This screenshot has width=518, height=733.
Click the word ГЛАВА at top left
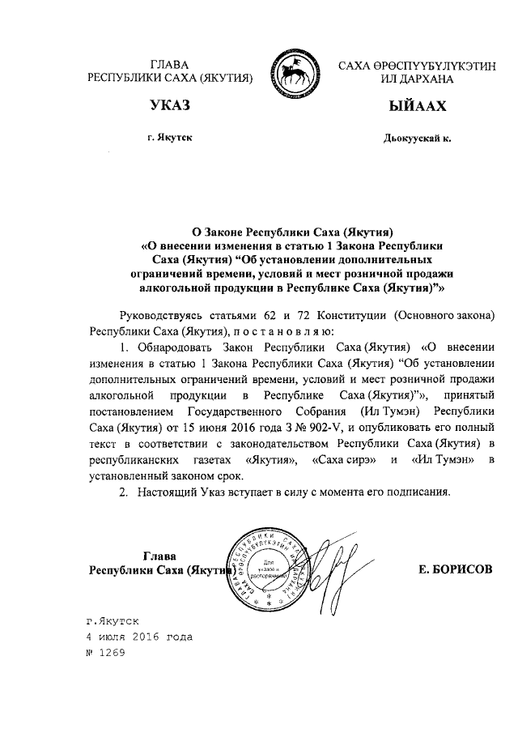click(x=170, y=64)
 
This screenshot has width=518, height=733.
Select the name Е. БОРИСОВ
click(x=455, y=569)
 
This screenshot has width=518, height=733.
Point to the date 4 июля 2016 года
click(x=139, y=637)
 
